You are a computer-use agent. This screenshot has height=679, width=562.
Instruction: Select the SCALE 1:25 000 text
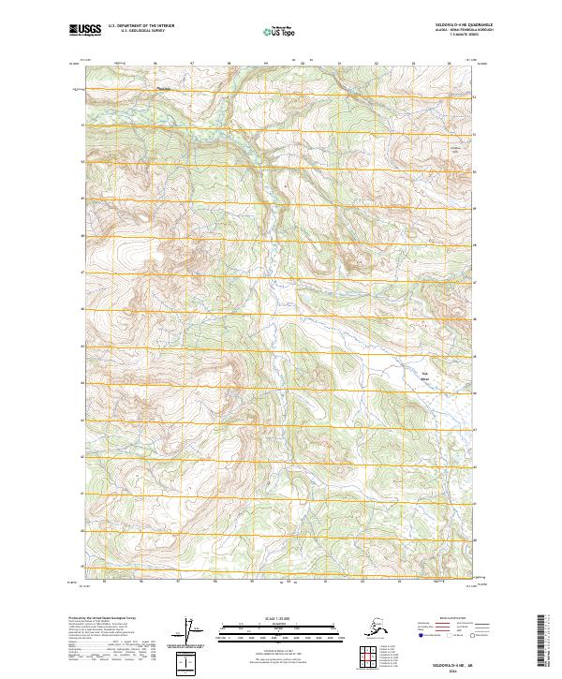point(280,616)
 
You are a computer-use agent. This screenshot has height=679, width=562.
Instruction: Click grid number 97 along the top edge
point(193,64)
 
